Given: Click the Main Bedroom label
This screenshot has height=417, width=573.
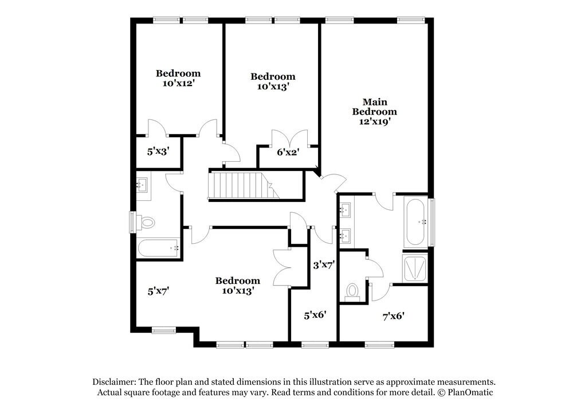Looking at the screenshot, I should (374, 112).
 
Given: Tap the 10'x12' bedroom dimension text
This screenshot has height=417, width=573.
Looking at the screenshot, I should (178, 83).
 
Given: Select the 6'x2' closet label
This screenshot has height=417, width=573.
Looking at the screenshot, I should (288, 152).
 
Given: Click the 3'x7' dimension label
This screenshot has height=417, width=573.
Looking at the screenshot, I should (323, 265).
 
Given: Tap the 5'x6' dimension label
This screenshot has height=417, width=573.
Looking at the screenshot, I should (315, 315).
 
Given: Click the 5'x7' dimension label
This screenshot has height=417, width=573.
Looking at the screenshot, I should (158, 291).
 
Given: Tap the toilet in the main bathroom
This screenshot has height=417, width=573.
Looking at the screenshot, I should (352, 291).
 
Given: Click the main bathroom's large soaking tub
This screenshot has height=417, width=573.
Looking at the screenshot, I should (415, 221).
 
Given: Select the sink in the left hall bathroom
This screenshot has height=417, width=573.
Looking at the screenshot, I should (142, 185).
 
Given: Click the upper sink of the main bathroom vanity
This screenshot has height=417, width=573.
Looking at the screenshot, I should (346, 210).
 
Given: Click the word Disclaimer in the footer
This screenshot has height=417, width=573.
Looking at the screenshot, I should (114, 382).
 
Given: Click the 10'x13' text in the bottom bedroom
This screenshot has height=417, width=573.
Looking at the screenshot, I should (237, 290).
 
